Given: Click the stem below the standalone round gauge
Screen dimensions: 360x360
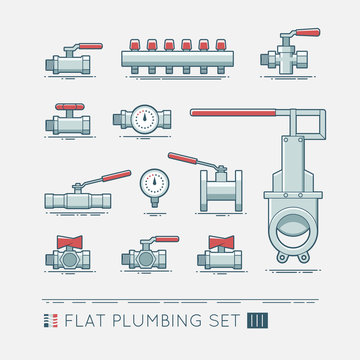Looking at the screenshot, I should click(153, 203).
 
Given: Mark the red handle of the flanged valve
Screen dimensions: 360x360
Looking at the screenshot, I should click(188, 160).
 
